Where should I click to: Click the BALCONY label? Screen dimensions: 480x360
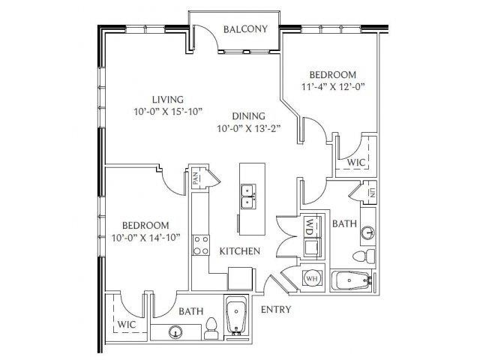click(x=245, y=29)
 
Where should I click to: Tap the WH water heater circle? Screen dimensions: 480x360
click(x=312, y=278)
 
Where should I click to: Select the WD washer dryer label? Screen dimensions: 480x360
click(x=310, y=226)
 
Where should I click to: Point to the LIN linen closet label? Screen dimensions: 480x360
click(x=372, y=193)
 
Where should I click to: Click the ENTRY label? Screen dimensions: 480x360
click(x=276, y=310)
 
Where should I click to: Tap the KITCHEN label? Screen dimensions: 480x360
click(x=240, y=251)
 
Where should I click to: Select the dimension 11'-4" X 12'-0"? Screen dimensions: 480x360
click(x=334, y=87)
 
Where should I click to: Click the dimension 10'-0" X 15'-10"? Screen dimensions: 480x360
click(x=168, y=112)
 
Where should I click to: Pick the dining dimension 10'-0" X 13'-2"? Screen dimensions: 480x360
click(x=249, y=128)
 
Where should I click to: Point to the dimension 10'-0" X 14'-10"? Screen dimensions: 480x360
click(x=145, y=238)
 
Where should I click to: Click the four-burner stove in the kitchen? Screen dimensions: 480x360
click(x=201, y=245)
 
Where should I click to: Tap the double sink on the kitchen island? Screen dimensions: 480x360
click(x=248, y=196)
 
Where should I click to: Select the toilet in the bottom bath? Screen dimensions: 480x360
click(x=211, y=328)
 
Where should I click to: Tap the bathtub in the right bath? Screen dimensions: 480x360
click(x=352, y=280)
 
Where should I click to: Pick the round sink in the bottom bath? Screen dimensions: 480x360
click(x=175, y=331)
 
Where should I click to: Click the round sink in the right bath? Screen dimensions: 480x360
click(x=368, y=232)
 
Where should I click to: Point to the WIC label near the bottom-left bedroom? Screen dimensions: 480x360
click(x=127, y=324)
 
